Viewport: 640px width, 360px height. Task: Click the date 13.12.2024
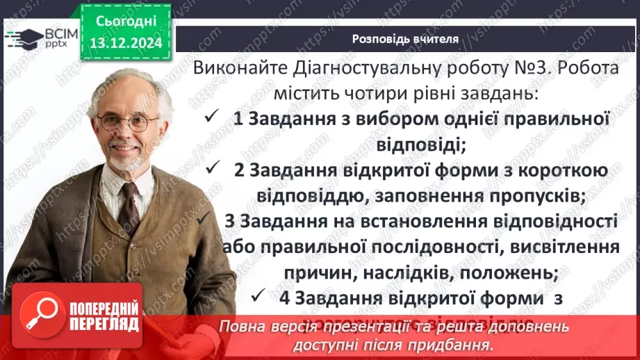pos(126,43)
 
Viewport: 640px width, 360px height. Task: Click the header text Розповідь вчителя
pos(405,39)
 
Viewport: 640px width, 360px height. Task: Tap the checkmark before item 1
pos(212,118)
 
